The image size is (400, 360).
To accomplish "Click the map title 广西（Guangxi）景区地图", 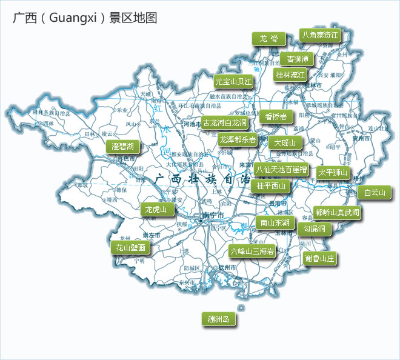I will click(x=85, y=18).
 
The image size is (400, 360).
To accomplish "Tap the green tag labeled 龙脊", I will click(x=268, y=38).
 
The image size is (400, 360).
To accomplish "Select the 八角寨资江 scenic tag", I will click(x=320, y=35).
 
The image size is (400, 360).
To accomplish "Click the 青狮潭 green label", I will click(x=298, y=59).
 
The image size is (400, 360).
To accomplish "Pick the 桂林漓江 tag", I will click(x=290, y=75).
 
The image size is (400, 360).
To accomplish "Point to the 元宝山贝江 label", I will click(x=233, y=81).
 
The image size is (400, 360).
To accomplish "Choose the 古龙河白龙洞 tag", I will click(x=225, y=123).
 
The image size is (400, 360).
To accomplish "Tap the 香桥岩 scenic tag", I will click(x=275, y=116).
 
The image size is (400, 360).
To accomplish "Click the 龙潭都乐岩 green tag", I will click(x=237, y=139).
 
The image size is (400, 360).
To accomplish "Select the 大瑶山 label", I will click(x=284, y=143).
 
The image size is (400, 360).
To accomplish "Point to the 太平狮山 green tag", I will click(x=333, y=172).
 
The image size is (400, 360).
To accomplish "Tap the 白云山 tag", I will click(x=374, y=193).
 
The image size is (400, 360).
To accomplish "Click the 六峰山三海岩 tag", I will click(x=252, y=250).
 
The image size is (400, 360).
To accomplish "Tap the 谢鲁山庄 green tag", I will click(x=319, y=258).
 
